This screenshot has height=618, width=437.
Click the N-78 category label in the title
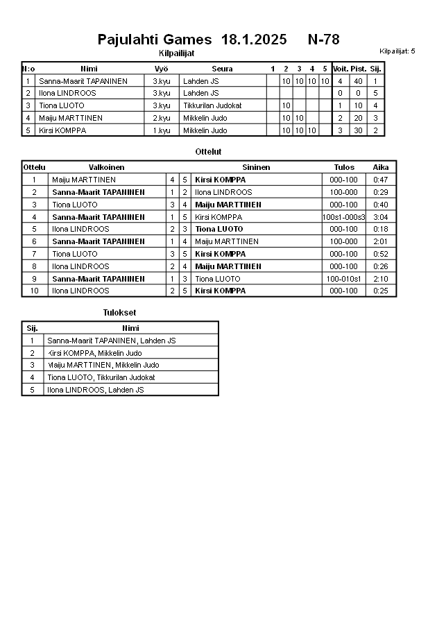click(x=323, y=40)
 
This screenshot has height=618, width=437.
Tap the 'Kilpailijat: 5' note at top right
click(x=397, y=51)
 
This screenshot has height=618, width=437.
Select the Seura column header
click(x=222, y=69)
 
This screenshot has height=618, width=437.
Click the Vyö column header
click(x=161, y=69)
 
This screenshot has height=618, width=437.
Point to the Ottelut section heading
click(x=209, y=151)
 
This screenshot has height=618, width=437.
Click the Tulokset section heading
click(x=119, y=313)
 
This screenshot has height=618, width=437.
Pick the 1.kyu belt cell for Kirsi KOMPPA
click(x=161, y=130)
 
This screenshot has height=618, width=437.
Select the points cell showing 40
click(x=358, y=81)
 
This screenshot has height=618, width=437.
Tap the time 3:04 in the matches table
click(x=380, y=217)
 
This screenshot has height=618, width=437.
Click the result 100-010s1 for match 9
click(x=343, y=279)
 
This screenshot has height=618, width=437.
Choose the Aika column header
click(x=381, y=167)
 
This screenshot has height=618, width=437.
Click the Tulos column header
click(x=343, y=167)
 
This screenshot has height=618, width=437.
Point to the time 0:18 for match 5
click(x=380, y=229)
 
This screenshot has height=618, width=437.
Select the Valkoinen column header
click(x=106, y=167)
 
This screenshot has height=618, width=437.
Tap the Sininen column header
click(x=256, y=167)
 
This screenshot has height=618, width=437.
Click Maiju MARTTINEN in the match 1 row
click(x=84, y=180)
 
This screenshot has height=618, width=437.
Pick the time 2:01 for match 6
click(x=380, y=241)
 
